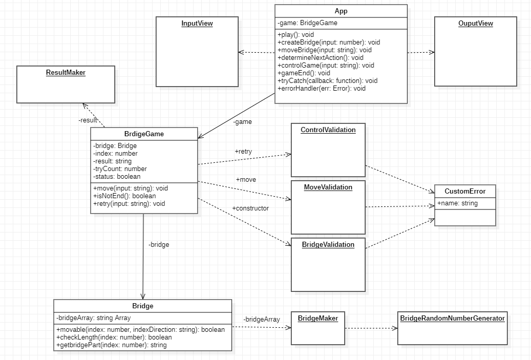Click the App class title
(x=341, y=11)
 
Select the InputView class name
(x=197, y=24)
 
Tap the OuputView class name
(x=476, y=24)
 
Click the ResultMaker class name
(x=66, y=73)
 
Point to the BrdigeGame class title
(x=144, y=134)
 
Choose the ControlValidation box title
(x=328, y=130)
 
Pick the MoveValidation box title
(x=328, y=187)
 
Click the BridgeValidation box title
(x=328, y=245)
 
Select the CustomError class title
(x=465, y=192)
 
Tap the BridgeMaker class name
(x=318, y=318)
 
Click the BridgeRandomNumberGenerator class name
(x=453, y=318)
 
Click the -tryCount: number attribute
(x=120, y=168)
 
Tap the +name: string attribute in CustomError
(x=457, y=203)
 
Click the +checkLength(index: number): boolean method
(x=114, y=337)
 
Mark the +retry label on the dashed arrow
(x=243, y=152)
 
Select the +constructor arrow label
(x=250, y=208)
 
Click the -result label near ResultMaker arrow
(x=88, y=120)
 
